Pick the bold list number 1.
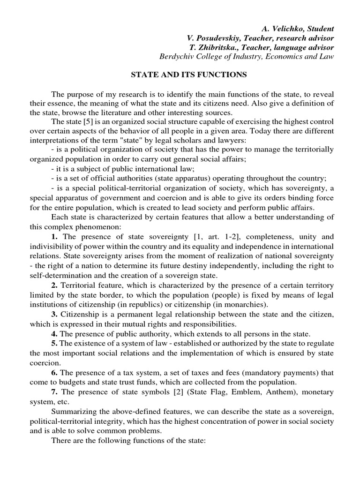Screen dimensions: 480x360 pos(54,237)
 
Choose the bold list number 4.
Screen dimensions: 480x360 pos(54,333)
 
